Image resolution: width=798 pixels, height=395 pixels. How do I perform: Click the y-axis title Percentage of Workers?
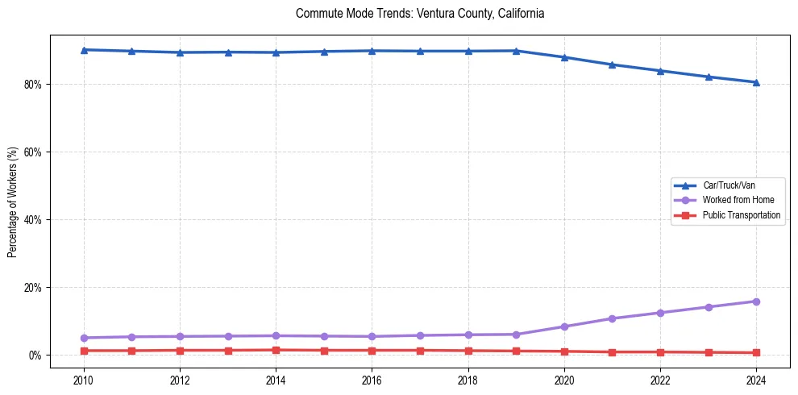tap(12, 202)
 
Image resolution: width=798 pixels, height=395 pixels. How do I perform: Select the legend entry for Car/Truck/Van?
tap(729, 185)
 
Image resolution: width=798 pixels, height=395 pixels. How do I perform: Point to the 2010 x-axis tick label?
tap(84, 380)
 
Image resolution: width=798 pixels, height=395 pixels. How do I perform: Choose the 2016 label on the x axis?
tap(372, 380)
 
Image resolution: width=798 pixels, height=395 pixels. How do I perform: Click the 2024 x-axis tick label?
tap(756, 380)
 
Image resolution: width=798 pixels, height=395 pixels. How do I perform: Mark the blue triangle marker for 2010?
tap(84, 50)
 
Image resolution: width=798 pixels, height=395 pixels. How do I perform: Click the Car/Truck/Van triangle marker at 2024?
tap(756, 82)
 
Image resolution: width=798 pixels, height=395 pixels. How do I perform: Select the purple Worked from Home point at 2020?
tap(564, 326)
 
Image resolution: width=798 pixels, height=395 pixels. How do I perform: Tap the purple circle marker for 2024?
tap(756, 301)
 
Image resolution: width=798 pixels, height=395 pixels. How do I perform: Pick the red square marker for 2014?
tap(276, 350)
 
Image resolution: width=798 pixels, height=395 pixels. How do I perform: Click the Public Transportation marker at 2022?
tap(660, 352)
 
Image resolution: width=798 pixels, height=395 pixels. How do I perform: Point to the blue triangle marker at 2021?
tap(612, 64)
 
